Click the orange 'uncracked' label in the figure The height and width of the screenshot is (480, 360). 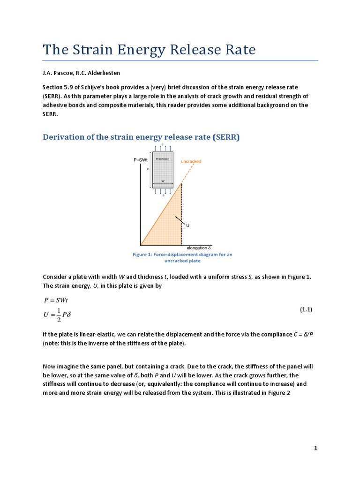click(191, 161)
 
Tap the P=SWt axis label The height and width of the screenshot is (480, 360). click(141, 160)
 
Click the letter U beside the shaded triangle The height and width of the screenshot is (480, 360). click(188, 225)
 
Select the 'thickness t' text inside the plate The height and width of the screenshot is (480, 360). click(163, 159)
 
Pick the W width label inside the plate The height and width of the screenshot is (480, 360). click(163, 180)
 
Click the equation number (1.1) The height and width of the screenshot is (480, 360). click(306, 309)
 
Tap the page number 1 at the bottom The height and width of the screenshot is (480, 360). click(316, 448)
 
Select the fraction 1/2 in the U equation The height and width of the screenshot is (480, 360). click(58, 315)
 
